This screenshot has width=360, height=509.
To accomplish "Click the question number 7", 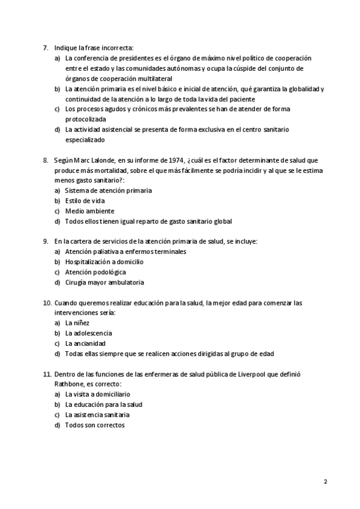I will [x=46, y=47].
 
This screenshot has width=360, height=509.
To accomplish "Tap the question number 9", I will [x=46, y=241].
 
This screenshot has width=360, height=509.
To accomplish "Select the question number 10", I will [x=47, y=303].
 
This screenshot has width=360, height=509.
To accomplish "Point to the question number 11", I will [x=47, y=374].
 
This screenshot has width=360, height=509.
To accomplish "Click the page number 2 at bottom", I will [x=325, y=482].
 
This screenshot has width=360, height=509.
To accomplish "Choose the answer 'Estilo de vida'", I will [x=85, y=200].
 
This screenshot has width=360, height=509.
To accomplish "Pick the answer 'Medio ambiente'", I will [x=89, y=211].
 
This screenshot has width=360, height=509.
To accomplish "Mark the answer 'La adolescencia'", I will [x=88, y=333].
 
